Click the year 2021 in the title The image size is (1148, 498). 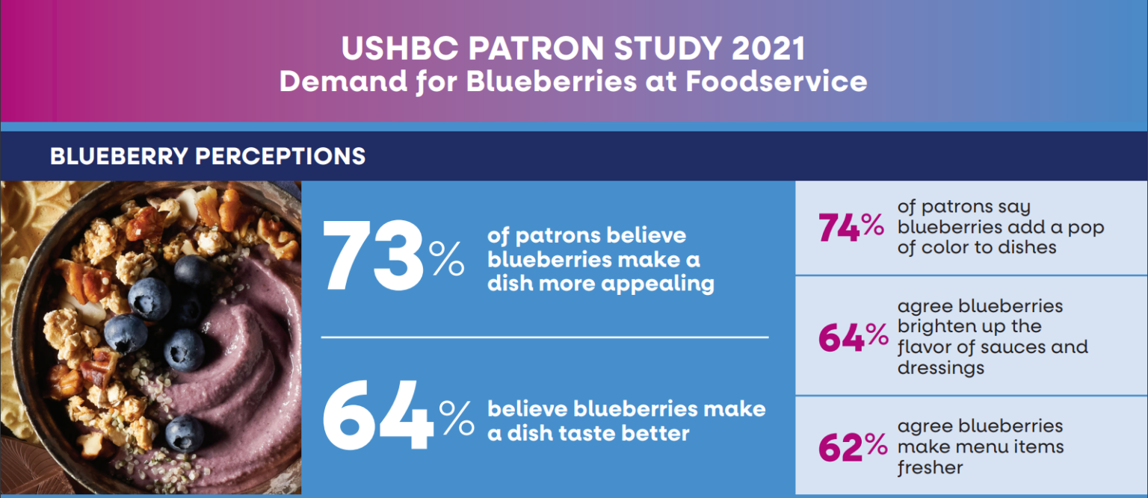[x=768, y=49]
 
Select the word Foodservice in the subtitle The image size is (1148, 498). [x=776, y=82]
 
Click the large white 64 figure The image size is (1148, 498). [x=377, y=414]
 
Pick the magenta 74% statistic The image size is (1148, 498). [x=851, y=227]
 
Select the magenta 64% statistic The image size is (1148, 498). [x=854, y=337]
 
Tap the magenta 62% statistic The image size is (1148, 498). [x=853, y=446]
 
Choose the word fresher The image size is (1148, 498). [x=931, y=467]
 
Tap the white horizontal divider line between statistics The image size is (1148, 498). [x=545, y=337]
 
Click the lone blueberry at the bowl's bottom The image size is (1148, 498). [x=185, y=434]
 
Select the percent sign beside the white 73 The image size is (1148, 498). [x=446, y=258]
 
